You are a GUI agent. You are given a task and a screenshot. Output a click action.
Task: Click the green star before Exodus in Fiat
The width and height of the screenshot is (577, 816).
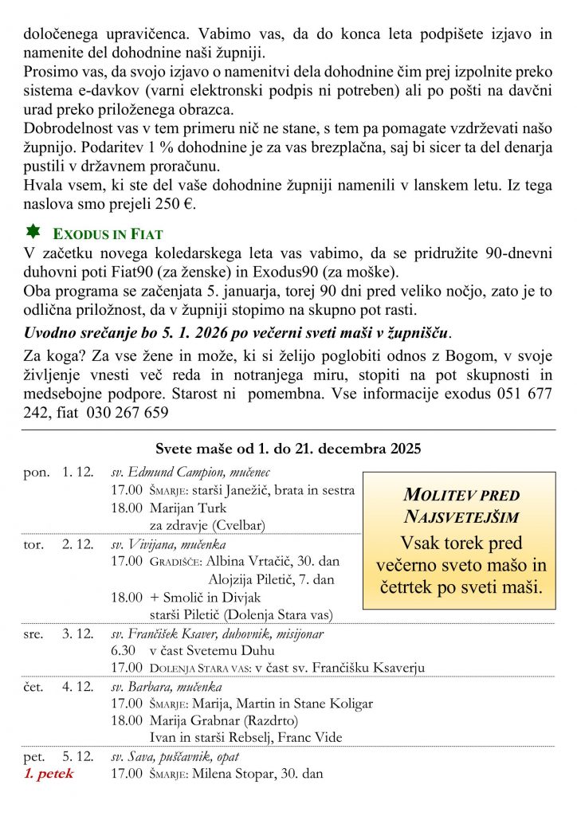pos(33,232)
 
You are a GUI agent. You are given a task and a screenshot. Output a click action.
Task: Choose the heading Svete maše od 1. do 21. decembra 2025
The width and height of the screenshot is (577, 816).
pos(288,449)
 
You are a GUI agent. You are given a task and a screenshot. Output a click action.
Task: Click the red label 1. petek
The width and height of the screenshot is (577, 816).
pos(49,773)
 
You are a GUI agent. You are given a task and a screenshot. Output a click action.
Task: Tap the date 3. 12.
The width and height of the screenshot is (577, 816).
pos(78,634)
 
